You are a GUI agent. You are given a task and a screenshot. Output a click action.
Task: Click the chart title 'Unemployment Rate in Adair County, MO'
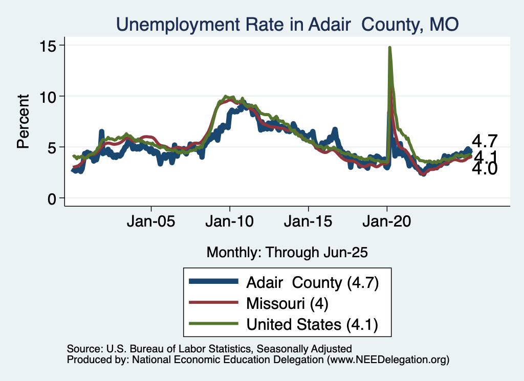pyautogui.click(x=287, y=24)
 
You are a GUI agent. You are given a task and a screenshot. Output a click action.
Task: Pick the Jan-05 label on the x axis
pyautogui.click(x=151, y=223)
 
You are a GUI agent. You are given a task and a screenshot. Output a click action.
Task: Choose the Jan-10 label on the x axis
pyautogui.click(x=230, y=223)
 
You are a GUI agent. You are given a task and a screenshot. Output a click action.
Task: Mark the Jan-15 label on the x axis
pyautogui.click(x=309, y=223)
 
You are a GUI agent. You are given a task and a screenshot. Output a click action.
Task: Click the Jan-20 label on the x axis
pyautogui.click(x=387, y=223)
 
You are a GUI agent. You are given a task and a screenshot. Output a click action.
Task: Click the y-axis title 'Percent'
pyautogui.click(x=23, y=121)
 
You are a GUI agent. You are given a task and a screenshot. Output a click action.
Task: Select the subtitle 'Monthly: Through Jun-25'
pyautogui.click(x=287, y=252)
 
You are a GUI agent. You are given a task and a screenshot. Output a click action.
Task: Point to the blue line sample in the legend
pyautogui.click(x=213, y=282)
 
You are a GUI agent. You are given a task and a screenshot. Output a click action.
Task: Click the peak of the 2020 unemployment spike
pyautogui.click(x=390, y=48)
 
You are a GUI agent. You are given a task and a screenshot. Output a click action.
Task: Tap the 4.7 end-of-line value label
pyautogui.click(x=484, y=141)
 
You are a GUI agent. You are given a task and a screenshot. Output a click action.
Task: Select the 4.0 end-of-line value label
pyautogui.click(x=484, y=169)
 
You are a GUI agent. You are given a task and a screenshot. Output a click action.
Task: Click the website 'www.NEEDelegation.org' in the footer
pyautogui.click(x=388, y=360)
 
